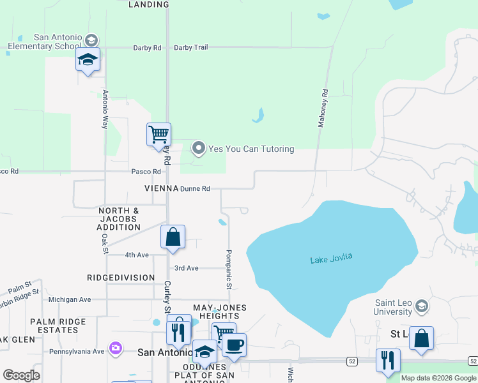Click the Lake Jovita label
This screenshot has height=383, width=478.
331,259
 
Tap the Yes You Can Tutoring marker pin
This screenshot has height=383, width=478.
199,149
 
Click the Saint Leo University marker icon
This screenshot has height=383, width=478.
421,306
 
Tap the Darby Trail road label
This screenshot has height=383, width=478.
191,47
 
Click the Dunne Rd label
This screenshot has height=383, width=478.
195,189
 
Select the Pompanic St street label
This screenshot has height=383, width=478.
227,269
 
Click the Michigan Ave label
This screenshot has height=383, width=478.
70,299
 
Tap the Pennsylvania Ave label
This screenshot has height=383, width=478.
77,352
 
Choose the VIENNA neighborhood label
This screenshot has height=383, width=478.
160,189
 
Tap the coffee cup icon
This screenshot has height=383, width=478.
234,345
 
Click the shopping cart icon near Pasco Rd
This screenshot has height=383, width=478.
159,135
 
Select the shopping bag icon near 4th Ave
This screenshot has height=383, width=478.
173,237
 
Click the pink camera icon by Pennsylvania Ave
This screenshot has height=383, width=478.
116,349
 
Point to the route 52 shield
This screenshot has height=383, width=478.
352,361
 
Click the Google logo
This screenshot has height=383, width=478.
21,375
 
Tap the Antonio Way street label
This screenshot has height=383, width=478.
105,109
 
